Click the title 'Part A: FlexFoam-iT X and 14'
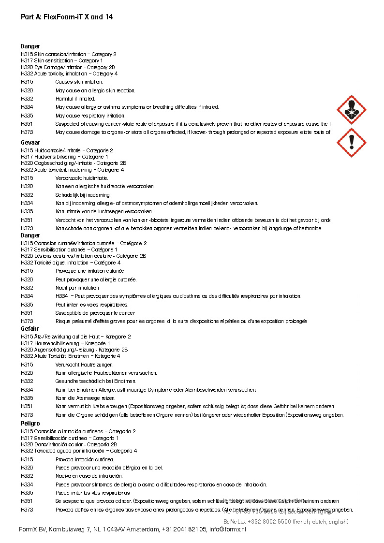coord(67,17)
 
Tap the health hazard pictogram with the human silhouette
coord(351,110)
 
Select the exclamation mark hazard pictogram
coord(351,143)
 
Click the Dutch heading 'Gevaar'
coord(30,143)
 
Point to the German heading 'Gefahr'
coord(30,329)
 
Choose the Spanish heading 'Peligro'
coord(30,424)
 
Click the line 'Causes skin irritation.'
coord(79,82)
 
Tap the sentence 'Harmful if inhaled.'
coord(75,99)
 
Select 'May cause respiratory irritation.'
coord(90,116)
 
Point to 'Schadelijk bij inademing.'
coord(83,195)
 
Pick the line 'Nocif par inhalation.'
coord(77,288)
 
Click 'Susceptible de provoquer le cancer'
coord(95,313)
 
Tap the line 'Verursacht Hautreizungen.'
coord(85,365)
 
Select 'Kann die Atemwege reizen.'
coord(85,398)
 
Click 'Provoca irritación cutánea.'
coord(85,459)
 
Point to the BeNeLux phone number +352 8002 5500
coord(264,522)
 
